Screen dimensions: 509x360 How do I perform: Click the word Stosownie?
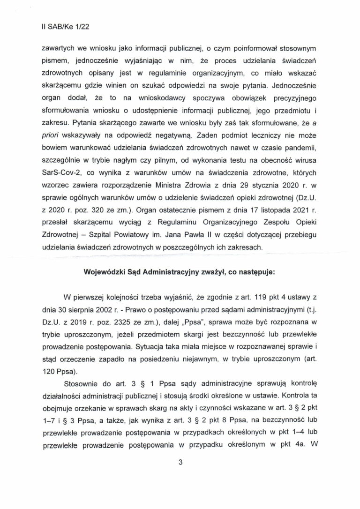click(81, 381)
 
